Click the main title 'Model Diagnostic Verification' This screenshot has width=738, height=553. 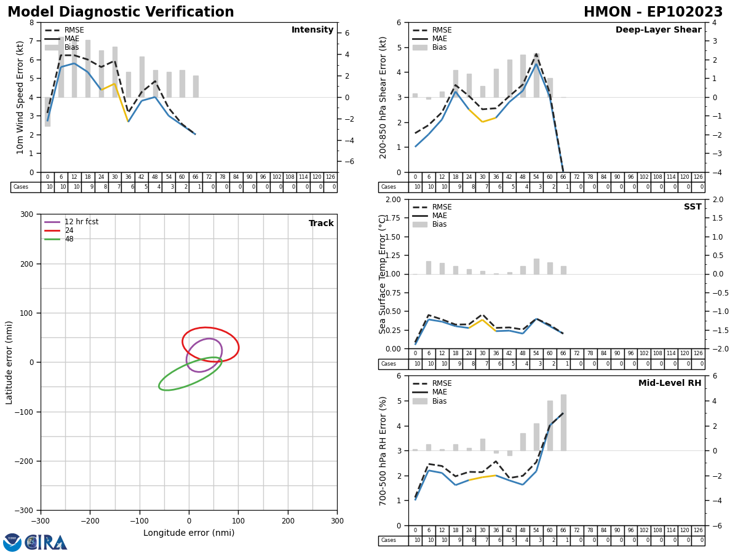point(121,12)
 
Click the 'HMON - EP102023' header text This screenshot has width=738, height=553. point(653,12)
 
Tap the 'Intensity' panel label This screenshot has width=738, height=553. point(312,30)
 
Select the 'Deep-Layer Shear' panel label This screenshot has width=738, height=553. point(658,30)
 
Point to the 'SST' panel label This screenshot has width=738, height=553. point(692,207)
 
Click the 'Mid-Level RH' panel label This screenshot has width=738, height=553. point(670,383)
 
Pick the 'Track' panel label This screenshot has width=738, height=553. point(321,224)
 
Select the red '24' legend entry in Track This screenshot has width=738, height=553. point(68,230)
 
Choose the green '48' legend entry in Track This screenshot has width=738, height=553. point(68,239)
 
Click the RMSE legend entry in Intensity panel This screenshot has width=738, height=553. point(74,30)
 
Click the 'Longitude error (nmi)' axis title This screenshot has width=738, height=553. point(189,533)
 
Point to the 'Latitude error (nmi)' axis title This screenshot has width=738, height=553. point(9,362)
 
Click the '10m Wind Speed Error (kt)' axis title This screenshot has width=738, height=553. point(20,97)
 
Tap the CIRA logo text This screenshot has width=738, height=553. point(47,543)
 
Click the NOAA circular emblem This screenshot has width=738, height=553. point(12,543)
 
